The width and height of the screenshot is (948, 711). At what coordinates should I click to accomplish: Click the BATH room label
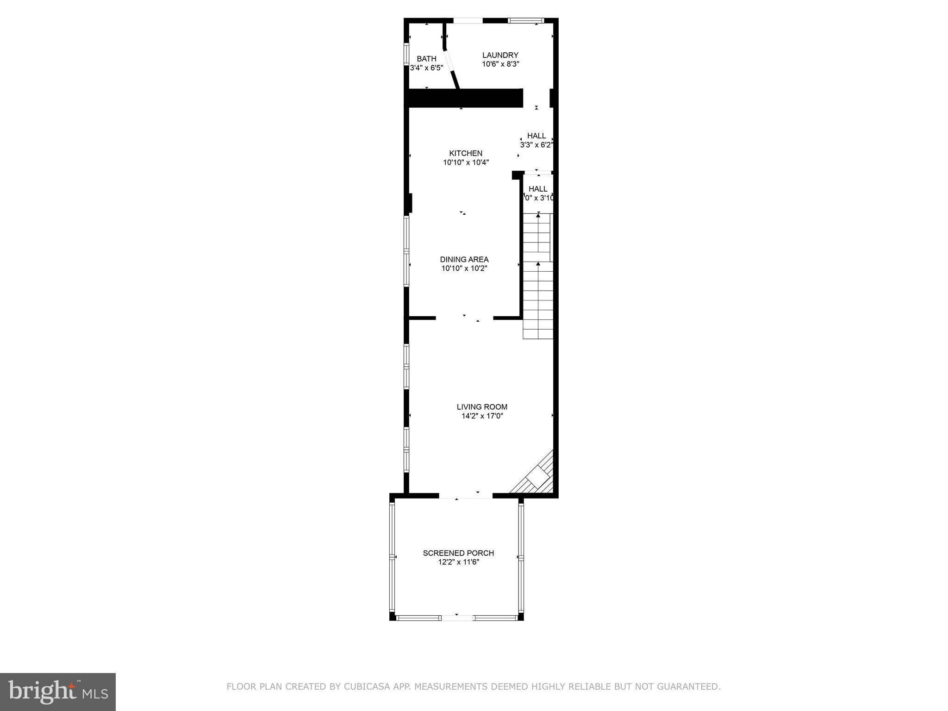426,59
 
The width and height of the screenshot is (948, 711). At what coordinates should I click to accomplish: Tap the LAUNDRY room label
500,55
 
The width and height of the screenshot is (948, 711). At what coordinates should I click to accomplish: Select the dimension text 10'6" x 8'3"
500,64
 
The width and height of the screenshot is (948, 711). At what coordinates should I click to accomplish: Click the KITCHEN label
466,153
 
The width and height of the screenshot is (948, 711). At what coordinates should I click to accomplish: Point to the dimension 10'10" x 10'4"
466,162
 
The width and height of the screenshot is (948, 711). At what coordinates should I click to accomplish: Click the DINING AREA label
464,260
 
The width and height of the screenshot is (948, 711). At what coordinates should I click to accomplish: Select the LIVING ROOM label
482,407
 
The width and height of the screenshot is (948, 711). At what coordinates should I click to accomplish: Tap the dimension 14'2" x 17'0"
482,416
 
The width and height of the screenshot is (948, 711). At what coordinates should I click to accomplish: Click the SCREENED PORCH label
458,553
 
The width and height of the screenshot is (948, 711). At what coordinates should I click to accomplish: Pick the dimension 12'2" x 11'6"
458,562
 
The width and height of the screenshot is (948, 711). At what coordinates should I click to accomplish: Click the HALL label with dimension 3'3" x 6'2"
536,136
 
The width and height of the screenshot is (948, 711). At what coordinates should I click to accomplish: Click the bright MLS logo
58,692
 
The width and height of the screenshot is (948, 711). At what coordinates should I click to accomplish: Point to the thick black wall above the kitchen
464,98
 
